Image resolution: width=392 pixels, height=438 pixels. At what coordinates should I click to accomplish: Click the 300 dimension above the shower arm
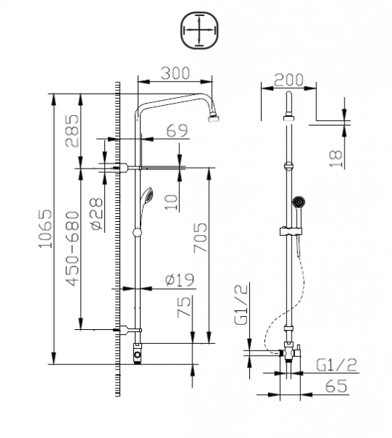point(175,73)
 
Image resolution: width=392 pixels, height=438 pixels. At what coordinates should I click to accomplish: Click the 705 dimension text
point(200,235)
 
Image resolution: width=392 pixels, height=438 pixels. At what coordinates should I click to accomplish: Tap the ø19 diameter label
point(179,279)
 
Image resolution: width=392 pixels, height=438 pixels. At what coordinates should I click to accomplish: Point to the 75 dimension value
point(184,305)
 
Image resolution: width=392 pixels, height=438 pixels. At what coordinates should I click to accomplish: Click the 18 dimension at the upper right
point(335,157)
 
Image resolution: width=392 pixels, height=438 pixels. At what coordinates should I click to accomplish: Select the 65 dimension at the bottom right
point(336,388)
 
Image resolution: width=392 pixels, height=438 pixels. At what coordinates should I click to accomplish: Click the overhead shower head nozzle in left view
point(213,118)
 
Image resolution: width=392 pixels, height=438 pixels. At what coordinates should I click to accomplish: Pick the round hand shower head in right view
point(297,201)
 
